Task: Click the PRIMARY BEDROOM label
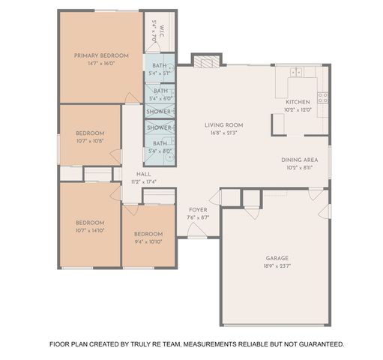[x=101, y=55]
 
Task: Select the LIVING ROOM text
[x=224, y=125]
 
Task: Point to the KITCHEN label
[x=298, y=102]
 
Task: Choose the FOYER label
[x=198, y=211]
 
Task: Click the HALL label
[x=143, y=174]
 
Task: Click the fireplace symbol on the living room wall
[x=207, y=61]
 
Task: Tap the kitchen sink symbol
[x=297, y=73]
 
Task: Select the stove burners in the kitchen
[x=322, y=97]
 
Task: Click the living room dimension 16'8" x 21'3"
[x=224, y=133]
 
